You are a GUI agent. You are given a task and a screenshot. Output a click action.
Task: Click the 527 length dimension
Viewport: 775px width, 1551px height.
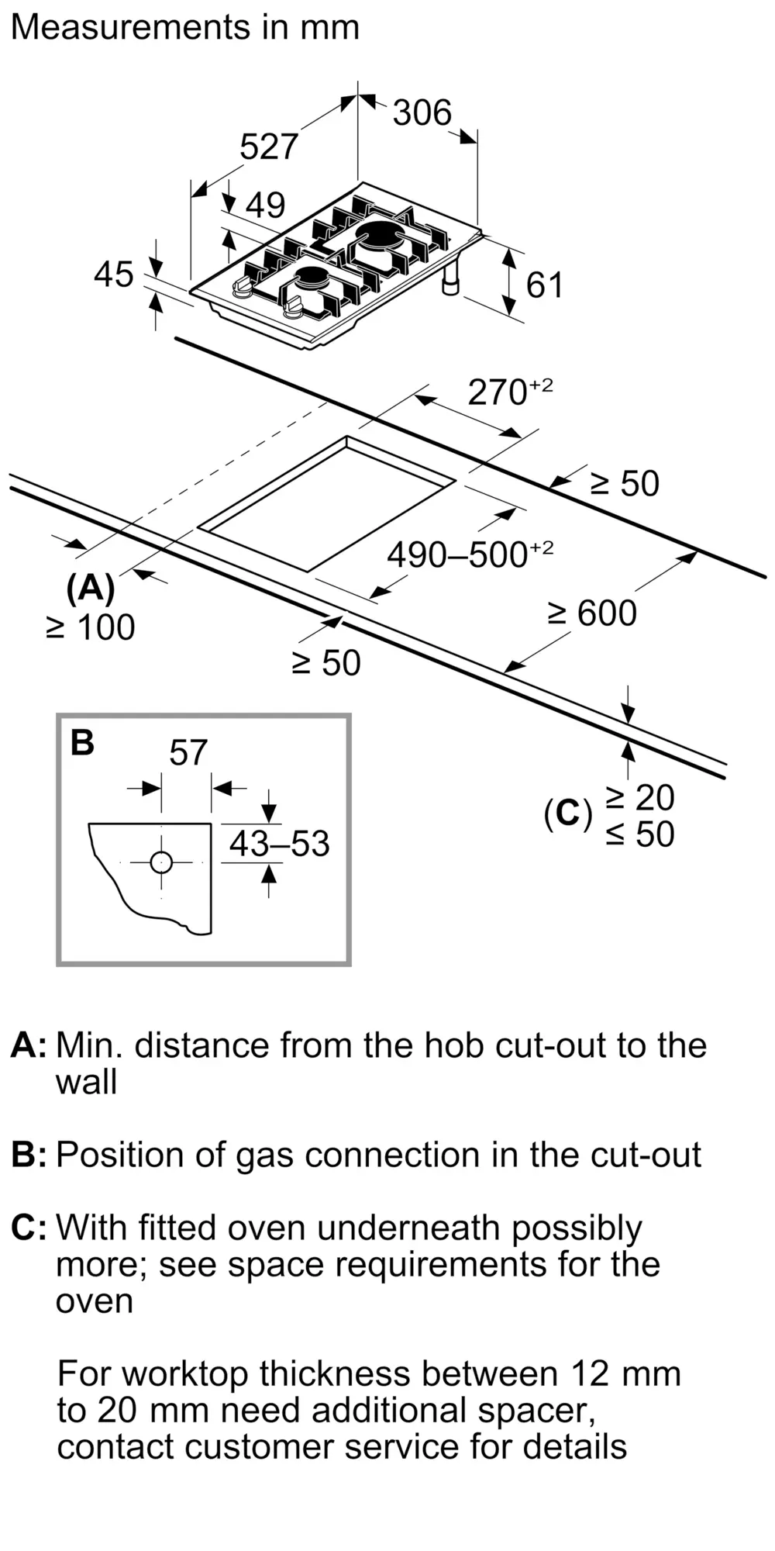click(268, 147)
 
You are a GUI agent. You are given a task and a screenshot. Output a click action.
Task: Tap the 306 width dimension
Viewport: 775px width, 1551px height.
click(422, 113)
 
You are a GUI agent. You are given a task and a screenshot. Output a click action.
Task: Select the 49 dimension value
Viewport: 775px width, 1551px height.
click(265, 205)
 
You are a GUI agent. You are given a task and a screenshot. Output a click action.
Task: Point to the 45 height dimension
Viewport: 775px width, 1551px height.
click(114, 275)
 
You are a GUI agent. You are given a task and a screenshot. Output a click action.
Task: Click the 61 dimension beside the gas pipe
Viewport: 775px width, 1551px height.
click(544, 285)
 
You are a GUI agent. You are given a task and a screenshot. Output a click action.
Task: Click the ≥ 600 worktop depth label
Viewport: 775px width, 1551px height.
click(592, 613)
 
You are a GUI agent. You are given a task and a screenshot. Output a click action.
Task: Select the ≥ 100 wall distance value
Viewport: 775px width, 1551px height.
click(91, 627)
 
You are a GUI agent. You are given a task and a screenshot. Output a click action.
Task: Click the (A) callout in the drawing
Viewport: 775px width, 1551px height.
click(91, 589)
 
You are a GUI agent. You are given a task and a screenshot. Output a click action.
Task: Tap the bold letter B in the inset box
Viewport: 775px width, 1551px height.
click(82, 743)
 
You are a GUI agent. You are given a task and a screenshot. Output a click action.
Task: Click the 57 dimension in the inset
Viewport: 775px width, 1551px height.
click(188, 753)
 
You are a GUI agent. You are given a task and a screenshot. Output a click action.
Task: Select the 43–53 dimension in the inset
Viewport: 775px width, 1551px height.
click(279, 844)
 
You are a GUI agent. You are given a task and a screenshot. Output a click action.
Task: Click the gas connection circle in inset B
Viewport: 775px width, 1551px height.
click(161, 862)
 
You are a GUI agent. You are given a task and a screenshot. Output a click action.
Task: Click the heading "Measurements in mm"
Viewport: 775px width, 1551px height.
click(185, 28)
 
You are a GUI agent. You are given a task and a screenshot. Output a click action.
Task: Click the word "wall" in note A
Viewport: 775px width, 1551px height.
click(86, 1082)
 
